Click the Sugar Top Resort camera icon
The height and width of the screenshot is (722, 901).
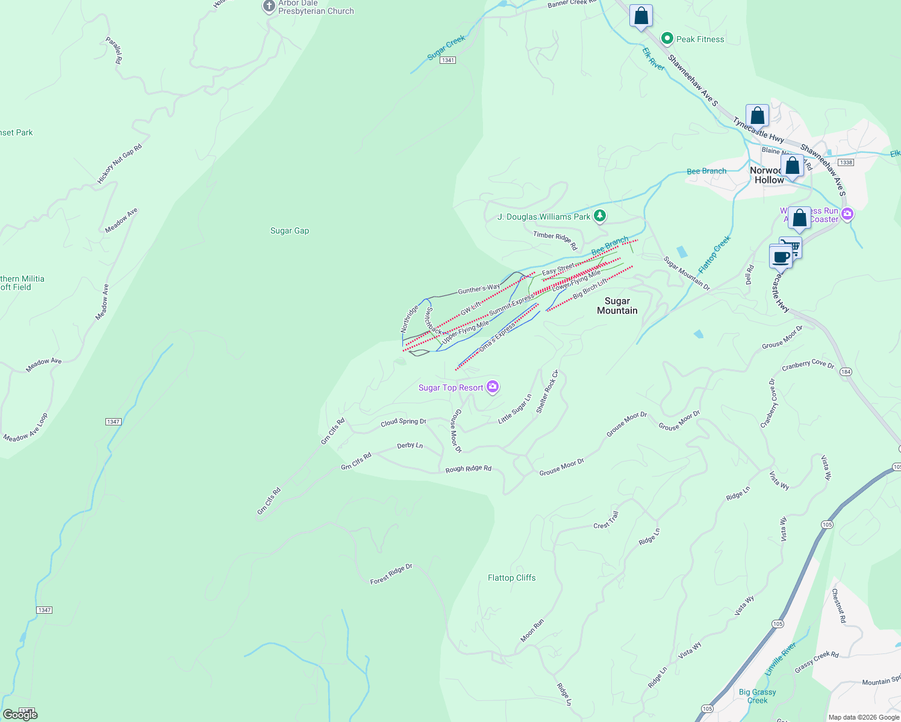[493, 387]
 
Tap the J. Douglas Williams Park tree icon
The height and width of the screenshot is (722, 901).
[600, 216]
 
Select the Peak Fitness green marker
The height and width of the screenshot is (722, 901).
[667, 39]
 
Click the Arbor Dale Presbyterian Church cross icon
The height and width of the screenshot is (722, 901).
[269, 7]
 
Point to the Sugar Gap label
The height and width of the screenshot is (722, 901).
[290, 230]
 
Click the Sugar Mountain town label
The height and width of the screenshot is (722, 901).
[617, 306]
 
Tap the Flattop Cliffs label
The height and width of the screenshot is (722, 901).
[511, 578]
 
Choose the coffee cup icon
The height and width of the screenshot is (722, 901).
[781, 257]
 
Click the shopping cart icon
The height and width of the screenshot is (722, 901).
[791, 246]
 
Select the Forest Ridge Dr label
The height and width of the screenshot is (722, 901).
[391, 574]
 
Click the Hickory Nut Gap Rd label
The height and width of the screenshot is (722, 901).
[119, 164]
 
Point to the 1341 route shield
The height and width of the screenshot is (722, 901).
[447, 60]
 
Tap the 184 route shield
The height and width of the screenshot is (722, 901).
[846, 372]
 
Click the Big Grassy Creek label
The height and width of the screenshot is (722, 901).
[757, 696]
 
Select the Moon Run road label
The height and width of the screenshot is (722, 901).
[532, 630]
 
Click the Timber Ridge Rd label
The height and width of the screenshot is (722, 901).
[555, 240]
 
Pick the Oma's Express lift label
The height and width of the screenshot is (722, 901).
[497, 338]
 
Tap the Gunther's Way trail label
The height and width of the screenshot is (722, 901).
[479, 289]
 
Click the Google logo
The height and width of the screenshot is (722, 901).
[20, 714]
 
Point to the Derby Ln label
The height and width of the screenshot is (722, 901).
[410, 446]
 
